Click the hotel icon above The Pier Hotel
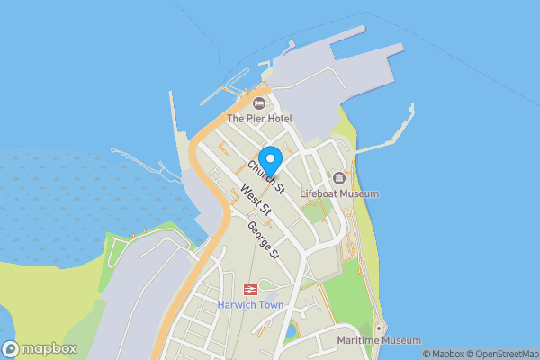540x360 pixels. click(x=259, y=103)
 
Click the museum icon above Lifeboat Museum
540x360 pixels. click(x=339, y=178)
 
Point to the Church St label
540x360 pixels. click(x=267, y=176)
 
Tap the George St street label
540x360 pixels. click(x=265, y=241)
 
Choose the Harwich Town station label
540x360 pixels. click(x=250, y=305)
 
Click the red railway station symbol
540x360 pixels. click(x=250, y=290)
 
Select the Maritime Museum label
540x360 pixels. click(x=379, y=340)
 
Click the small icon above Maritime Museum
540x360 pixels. click(x=380, y=327)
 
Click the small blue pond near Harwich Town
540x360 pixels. click(x=289, y=331)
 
